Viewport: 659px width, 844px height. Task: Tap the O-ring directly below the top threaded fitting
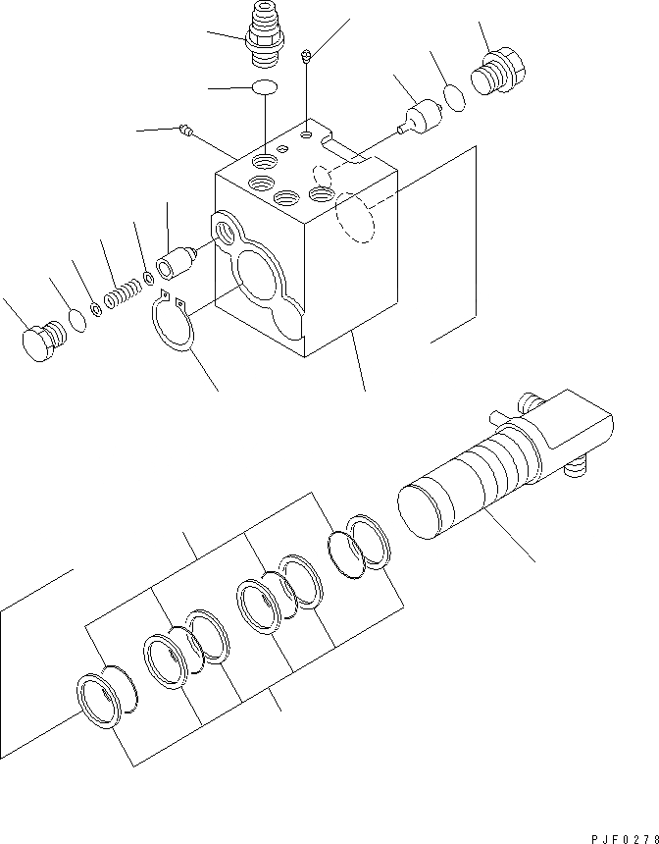pos(265,88)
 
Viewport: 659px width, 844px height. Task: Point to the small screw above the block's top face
pos(308,56)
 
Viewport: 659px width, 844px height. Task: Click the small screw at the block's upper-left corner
pos(187,129)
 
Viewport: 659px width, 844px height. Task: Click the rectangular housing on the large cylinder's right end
pos(574,427)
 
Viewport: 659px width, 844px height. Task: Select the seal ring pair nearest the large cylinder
pos(358,542)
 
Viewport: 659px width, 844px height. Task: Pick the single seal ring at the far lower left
pos(106,700)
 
